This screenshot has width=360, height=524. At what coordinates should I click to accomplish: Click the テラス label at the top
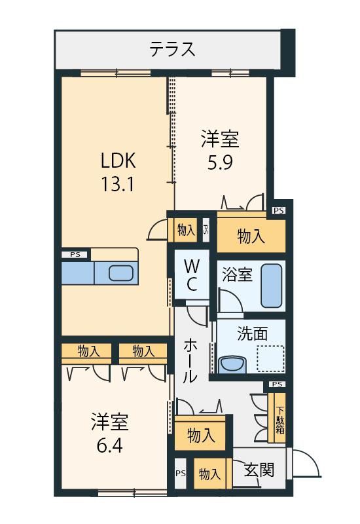172,49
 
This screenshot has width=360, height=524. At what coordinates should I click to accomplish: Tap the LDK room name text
118,160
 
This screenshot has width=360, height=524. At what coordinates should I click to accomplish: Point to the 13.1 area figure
118,183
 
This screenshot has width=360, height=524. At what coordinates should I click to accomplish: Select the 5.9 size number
220,162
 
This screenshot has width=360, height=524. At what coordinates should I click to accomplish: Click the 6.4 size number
110,445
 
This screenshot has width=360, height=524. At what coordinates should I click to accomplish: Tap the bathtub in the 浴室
272,286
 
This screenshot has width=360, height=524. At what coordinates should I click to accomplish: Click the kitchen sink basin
121,273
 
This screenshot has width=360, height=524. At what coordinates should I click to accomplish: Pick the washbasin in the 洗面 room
233,365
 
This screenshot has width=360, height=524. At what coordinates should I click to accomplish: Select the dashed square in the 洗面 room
270,359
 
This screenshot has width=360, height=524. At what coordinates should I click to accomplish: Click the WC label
192,276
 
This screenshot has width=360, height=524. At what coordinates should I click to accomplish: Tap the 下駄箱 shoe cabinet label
280,419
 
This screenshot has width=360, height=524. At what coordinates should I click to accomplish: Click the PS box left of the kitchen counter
76,255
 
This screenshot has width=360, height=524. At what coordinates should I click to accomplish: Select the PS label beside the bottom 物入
181,473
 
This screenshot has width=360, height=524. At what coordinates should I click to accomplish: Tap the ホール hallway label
190,361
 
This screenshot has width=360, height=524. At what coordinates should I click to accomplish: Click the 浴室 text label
237,274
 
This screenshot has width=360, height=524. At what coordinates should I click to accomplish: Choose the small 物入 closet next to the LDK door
186,230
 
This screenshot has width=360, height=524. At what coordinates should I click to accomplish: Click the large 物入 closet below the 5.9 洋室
251,236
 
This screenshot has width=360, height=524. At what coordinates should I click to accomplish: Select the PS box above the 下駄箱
278,384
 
